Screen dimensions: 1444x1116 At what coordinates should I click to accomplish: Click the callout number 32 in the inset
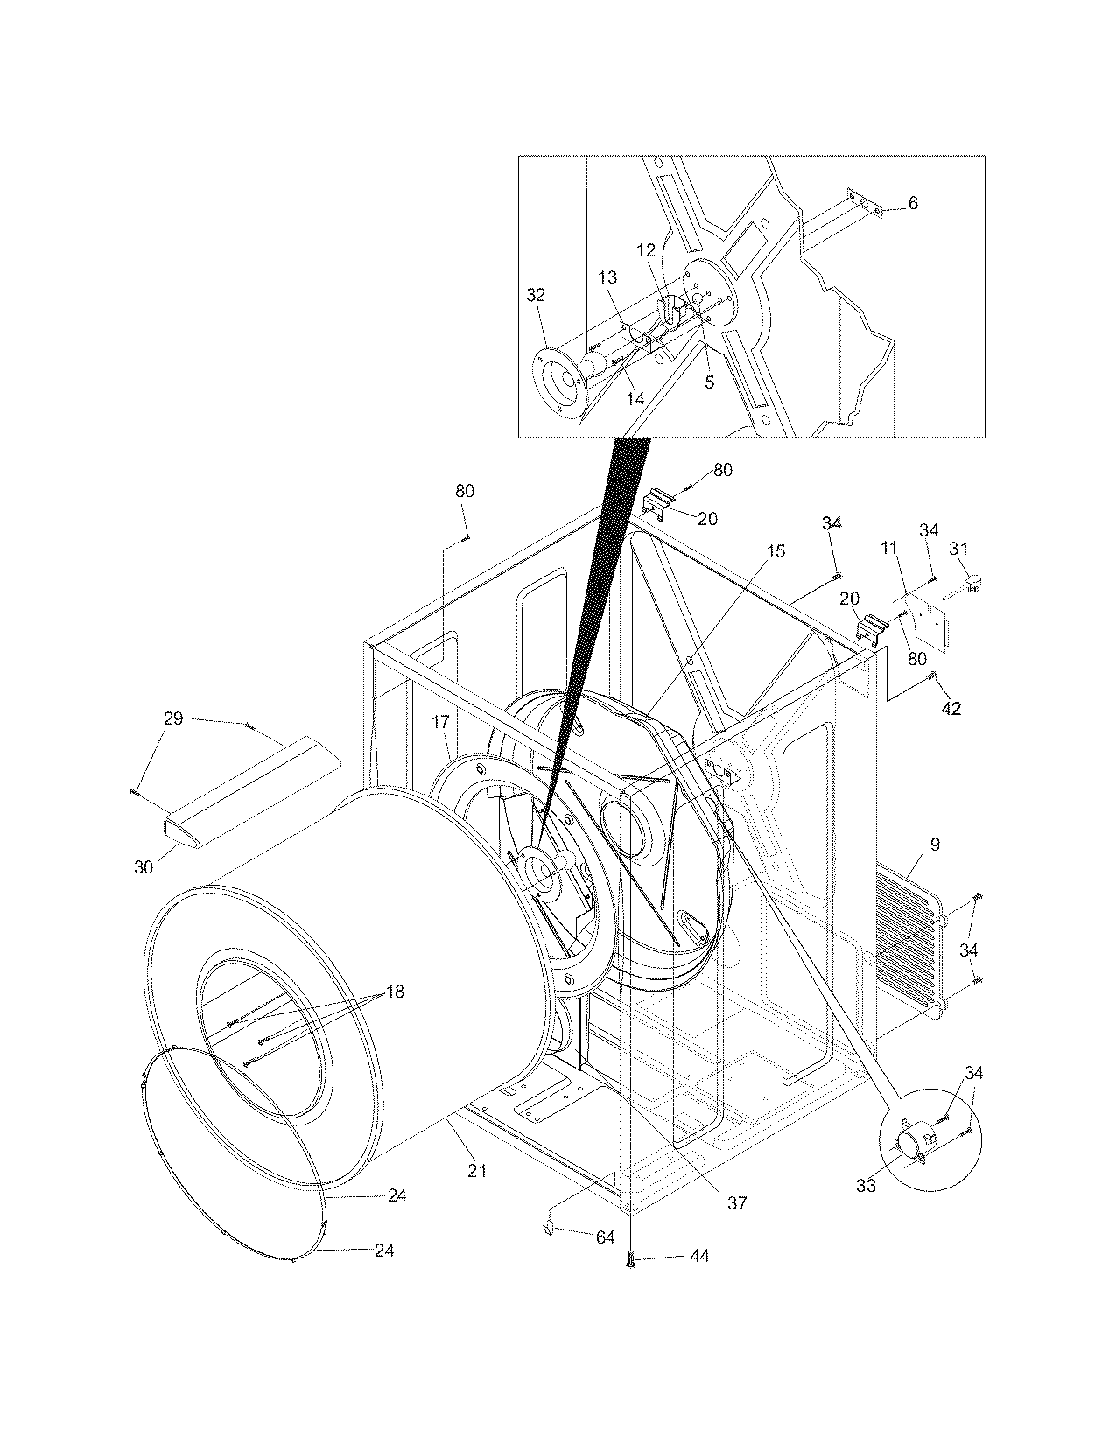(x=536, y=295)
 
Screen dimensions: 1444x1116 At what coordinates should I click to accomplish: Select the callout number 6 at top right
(x=913, y=203)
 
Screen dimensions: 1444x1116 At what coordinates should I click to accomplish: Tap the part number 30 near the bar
(x=144, y=866)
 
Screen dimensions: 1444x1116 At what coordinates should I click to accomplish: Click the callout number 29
(x=173, y=718)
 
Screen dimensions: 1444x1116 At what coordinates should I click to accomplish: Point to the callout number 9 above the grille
(x=935, y=845)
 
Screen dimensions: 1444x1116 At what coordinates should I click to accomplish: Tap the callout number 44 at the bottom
(x=698, y=1256)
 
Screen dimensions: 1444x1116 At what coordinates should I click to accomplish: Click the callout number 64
(x=605, y=1238)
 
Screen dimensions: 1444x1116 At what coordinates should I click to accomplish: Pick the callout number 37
(x=737, y=1202)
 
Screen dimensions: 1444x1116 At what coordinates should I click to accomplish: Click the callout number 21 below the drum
(x=476, y=1170)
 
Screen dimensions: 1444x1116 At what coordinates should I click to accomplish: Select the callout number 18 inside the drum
(x=395, y=992)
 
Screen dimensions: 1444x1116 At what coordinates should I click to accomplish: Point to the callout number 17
(x=440, y=722)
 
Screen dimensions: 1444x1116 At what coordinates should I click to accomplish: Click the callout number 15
(x=776, y=551)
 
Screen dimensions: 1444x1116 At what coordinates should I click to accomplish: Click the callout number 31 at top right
(x=958, y=549)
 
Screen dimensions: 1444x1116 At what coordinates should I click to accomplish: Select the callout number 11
(x=889, y=549)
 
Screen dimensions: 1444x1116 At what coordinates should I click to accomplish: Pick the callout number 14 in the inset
(x=635, y=398)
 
